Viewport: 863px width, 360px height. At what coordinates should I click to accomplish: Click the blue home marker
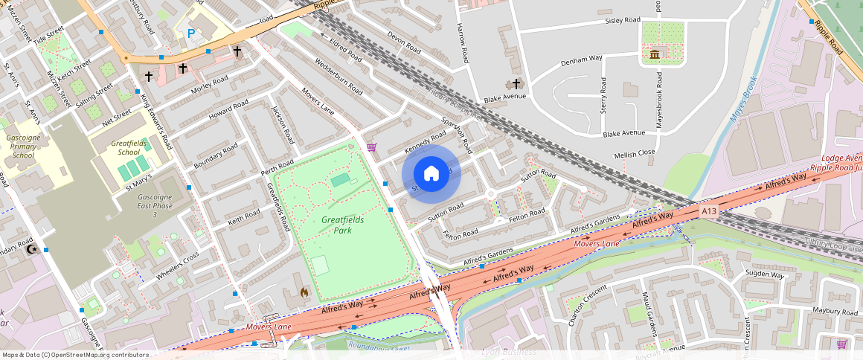(431, 173)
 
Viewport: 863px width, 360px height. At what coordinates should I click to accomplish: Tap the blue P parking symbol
(191, 33)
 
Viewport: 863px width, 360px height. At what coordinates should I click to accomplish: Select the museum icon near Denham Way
(655, 55)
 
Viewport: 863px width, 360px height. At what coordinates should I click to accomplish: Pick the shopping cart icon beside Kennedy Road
(371, 147)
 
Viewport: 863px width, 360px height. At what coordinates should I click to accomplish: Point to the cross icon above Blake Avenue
(516, 84)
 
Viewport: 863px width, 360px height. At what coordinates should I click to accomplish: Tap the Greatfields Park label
(337, 225)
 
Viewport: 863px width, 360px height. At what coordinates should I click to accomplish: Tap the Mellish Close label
(634, 153)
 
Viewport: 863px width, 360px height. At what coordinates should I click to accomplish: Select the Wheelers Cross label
(177, 267)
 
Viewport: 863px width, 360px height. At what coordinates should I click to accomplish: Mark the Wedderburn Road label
(339, 77)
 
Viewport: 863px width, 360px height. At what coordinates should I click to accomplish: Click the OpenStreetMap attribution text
(75, 355)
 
